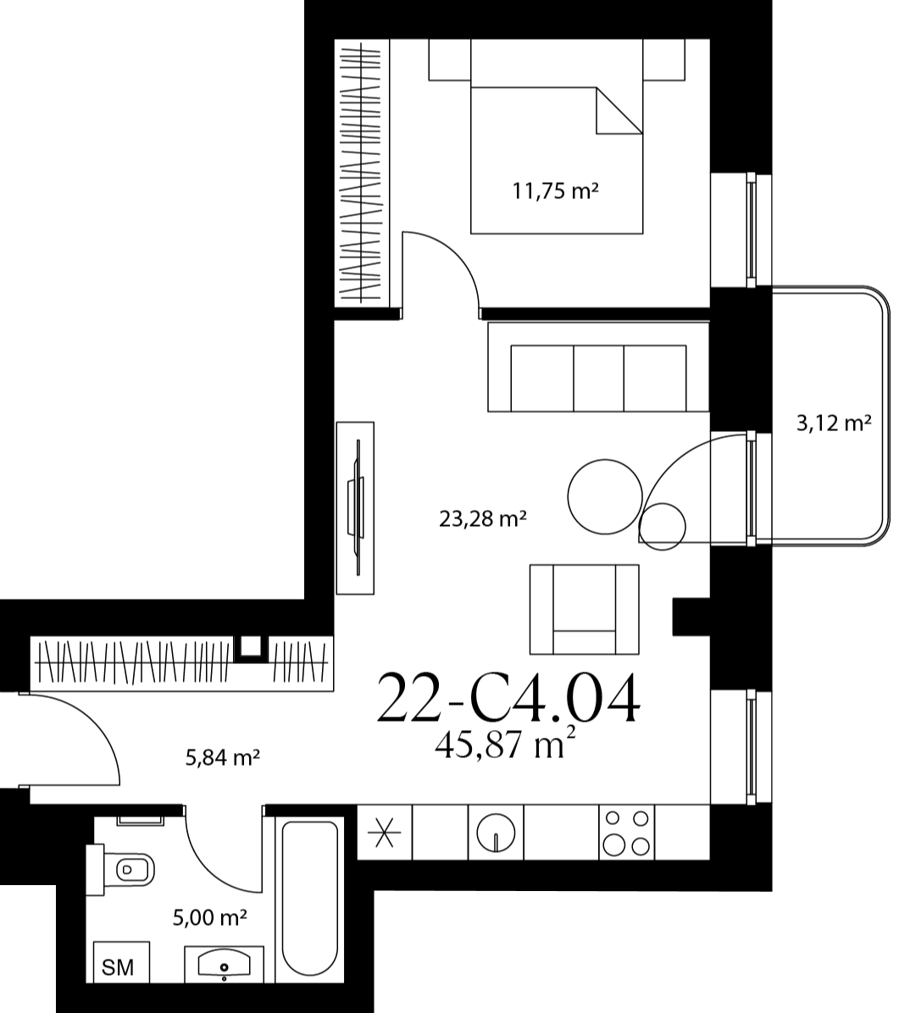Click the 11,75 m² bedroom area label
point(555,191)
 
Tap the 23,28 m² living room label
point(482,518)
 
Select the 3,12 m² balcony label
point(834,423)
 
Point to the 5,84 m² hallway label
point(222,757)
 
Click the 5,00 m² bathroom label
point(210,916)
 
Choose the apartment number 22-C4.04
point(508,699)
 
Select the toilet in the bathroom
point(124,870)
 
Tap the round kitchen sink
point(496,832)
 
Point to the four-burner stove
point(625,832)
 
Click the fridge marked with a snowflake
point(385,832)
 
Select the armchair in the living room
point(585,609)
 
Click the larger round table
point(606,496)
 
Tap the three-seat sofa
point(598,367)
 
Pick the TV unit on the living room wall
point(356,508)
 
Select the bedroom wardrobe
point(362,173)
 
